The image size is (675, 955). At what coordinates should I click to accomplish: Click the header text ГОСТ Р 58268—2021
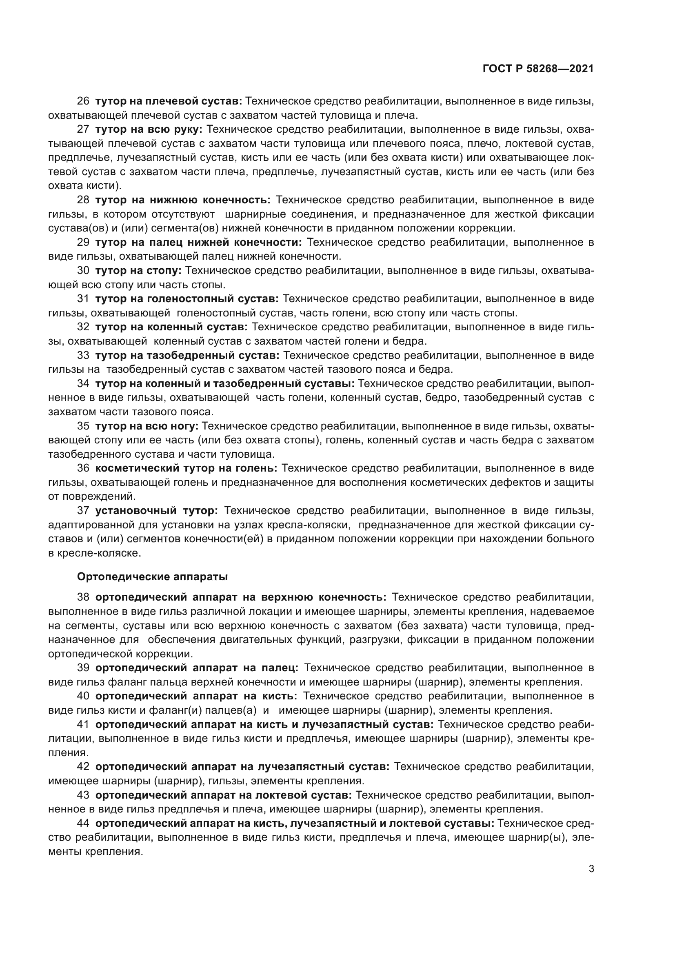pyautogui.click(x=538, y=69)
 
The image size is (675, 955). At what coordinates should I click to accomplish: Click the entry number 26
pyautogui.click(x=83, y=101)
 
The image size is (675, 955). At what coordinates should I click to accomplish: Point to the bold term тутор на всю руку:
pyautogui.click(x=149, y=129)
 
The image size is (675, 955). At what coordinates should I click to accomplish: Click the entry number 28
pyautogui.click(x=83, y=200)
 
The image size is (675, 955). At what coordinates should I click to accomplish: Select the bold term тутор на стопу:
pyautogui.click(x=138, y=271)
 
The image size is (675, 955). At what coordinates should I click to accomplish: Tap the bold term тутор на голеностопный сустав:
pyautogui.click(x=187, y=298)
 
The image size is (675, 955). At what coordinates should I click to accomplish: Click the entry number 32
pyautogui.click(x=83, y=327)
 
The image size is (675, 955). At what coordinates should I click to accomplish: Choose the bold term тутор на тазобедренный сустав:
pyautogui.click(x=187, y=356)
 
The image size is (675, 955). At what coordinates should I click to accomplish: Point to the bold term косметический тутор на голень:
pyautogui.click(x=186, y=468)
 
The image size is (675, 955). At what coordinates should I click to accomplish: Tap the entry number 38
pyautogui.click(x=83, y=597)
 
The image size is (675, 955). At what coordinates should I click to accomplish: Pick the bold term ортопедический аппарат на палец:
pyautogui.click(x=197, y=668)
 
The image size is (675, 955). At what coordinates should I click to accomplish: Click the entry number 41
pyautogui.click(x=83, y=724)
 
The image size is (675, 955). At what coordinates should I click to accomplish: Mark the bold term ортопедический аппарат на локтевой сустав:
pyautogui.click(x=224, y=795)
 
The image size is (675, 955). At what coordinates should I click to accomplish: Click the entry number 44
pyautogui.click(x=83, y=823)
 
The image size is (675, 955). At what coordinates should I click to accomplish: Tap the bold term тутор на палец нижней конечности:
pyautogui.click(x=199, y=243)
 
